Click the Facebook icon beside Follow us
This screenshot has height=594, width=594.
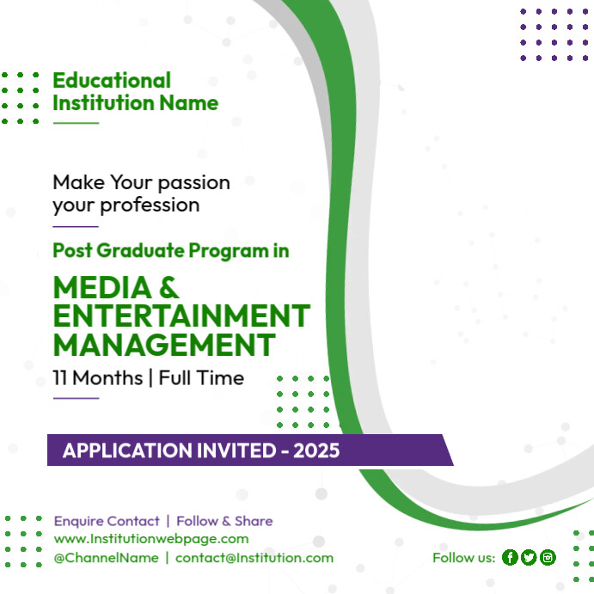[510, 558]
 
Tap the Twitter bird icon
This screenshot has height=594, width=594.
[529, 558]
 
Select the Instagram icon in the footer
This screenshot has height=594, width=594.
[548, 558]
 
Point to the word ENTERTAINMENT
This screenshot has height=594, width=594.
[181, 316]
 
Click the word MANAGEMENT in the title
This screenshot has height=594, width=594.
[163, 346]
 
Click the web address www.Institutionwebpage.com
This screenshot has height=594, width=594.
[151, 539]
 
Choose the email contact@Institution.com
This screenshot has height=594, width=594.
[254, 558]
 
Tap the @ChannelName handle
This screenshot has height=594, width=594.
[106, 558]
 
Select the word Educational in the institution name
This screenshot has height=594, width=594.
[112, 81]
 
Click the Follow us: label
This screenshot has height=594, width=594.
[463, 558]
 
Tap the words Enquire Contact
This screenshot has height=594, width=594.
[107, 521]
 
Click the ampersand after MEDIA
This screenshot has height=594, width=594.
[169, 288]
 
